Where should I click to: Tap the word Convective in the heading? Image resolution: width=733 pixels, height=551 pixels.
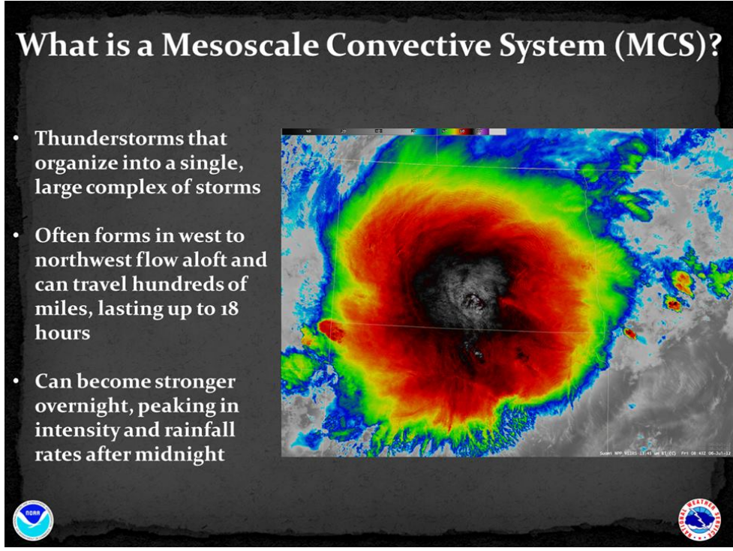click(x=386, y=46)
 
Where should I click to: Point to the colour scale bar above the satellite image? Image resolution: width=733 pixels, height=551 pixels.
click(x=393, y=132)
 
